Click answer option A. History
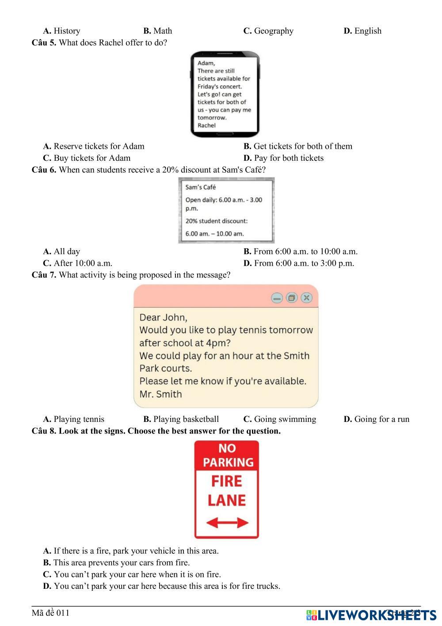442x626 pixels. [61, 31]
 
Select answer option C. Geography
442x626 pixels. [268, 31]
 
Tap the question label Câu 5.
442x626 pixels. [44, 43]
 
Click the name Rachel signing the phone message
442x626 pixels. [206, 125]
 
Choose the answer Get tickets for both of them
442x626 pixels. [298, 147]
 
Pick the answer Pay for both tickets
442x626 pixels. [283, 158]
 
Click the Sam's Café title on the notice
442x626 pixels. [201, 187]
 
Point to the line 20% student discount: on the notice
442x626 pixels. [217, 221]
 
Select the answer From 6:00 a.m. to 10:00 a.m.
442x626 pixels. [301, 251]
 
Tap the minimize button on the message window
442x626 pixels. [277, 298]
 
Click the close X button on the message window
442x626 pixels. [307, 298]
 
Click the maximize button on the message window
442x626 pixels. [292, 298]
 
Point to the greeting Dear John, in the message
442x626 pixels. [163, 317]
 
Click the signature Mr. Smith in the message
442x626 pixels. [160, 394]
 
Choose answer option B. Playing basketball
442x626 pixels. [181, 419]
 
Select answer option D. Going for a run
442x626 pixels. [377, 419]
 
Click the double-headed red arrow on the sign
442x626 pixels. [227, 523]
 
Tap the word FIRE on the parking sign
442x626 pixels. [227, 481]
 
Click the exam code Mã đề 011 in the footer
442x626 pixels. [50, 613]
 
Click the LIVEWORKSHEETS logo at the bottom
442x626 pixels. [371, 615]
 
